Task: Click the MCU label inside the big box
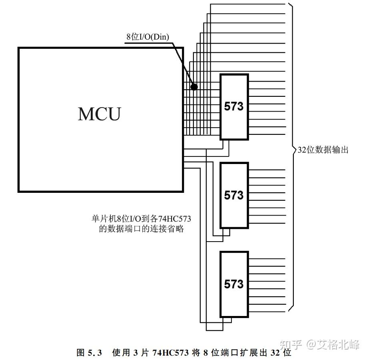point(99,114)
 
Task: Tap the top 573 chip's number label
point(233,106)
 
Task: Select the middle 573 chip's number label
point(233,195)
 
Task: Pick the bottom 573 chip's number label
point(233,284)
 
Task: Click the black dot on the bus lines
point(194,86)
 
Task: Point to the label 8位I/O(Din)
point(148,37)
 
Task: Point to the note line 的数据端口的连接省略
point(141,229)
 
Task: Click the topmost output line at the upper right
point(248,4)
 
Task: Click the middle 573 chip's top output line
point(266,170)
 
